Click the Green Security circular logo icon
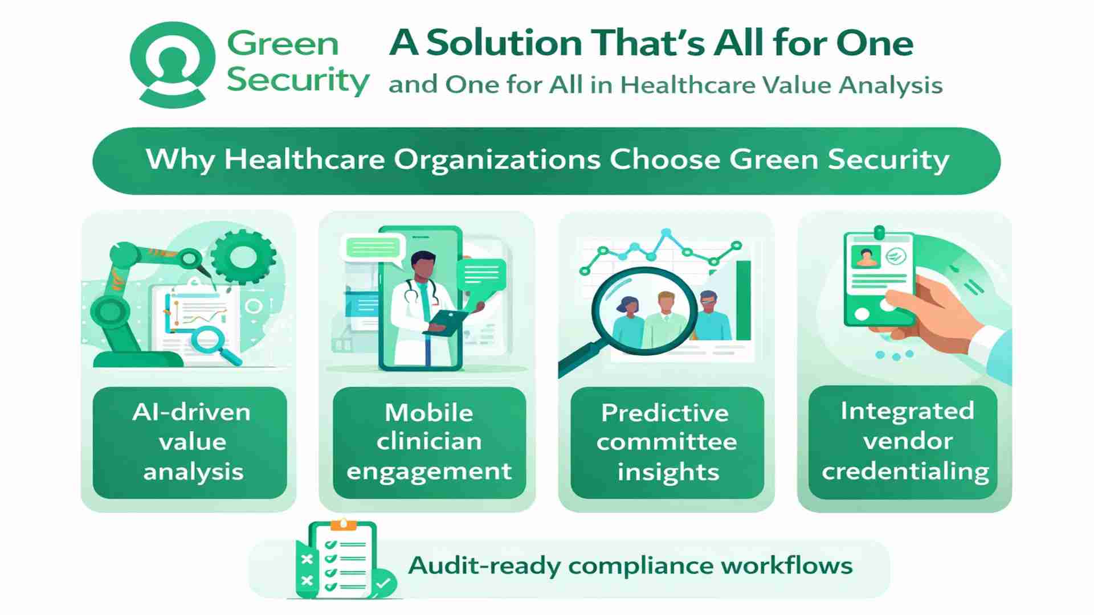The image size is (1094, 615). point(173,64)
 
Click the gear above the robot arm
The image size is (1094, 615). point(244,256)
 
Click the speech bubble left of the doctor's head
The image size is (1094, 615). point(373,249)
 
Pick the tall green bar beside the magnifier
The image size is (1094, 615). point(744,300)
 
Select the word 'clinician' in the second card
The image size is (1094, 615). point(429,441)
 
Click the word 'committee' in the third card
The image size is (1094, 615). point(667,442)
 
